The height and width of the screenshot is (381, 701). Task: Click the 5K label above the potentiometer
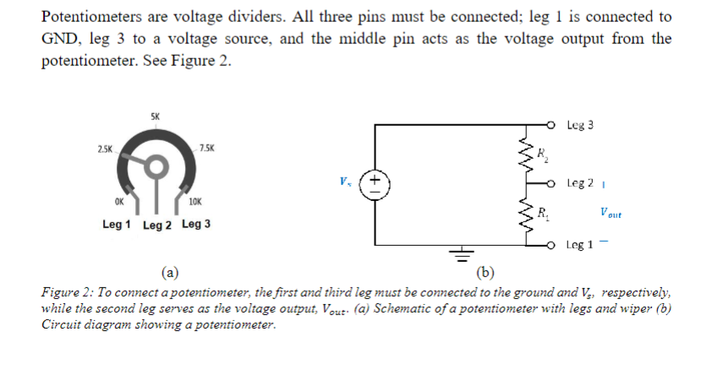pyautogui.click(x=153, y=116)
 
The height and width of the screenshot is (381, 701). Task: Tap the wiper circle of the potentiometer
pyautogui.click(x=155, y=170)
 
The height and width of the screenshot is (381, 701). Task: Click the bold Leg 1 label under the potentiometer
pyautogui.click(x=116, y=225)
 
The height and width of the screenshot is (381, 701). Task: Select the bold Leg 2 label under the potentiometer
pyautogui.click(x=157, y=226)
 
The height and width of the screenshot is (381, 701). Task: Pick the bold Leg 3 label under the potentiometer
pyautogui.click(x=196, y=225)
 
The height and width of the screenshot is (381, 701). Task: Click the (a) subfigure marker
pyautogui.click(x=170, y=272)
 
